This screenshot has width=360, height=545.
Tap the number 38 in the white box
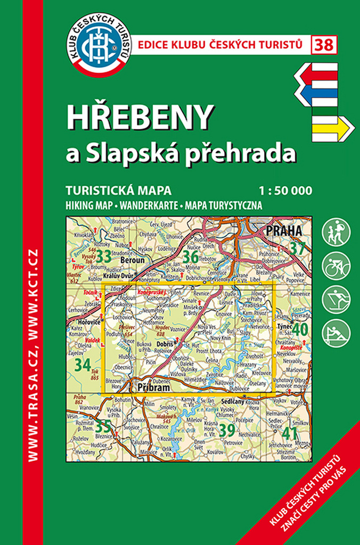(325, 45)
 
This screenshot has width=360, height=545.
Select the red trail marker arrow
(316, 75)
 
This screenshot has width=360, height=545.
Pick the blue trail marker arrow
(317, 95)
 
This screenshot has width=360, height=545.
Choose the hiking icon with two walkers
(336, 232)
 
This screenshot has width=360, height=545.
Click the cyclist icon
(336, 266)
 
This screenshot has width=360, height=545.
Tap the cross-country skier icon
(336, 300)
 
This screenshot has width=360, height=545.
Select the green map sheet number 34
(83, 365)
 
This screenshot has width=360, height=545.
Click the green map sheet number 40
(299, 330)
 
